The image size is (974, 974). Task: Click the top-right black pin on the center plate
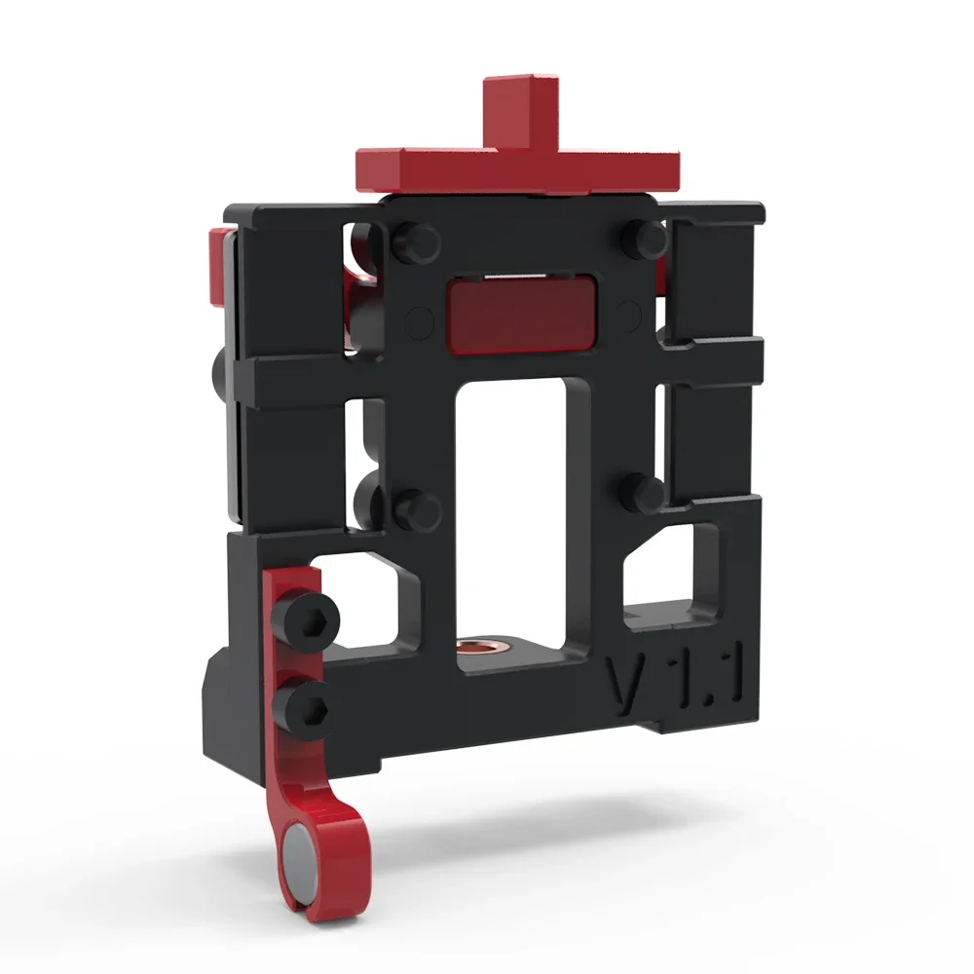point(643,233)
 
